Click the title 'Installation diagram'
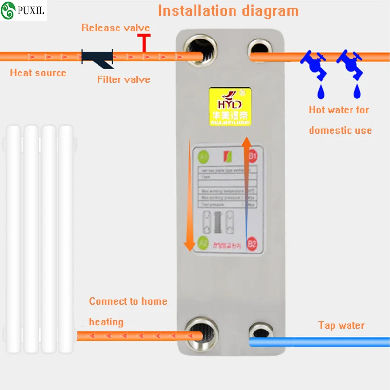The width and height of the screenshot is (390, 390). (228, 10)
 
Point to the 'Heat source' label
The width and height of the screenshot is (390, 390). (38, 73)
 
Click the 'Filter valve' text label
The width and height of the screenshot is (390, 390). (123, 79)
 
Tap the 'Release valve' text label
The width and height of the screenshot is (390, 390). (116, 28)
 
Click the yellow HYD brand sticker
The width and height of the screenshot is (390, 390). (230, 108)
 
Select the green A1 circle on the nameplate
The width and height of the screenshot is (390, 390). (204, 157)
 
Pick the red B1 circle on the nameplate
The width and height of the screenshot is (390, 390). (252, 156)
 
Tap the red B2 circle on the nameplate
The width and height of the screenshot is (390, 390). (252, 243)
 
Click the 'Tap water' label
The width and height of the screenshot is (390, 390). (341, 325)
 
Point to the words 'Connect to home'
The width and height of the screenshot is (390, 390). (128, 301)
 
